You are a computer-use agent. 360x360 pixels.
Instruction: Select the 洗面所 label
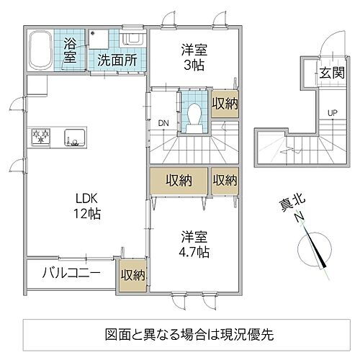point(117,60)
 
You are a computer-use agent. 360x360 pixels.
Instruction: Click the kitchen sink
point(73,135)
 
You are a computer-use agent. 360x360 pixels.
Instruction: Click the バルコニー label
point(71,273)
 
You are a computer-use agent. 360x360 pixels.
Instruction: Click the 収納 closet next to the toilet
point(225,103)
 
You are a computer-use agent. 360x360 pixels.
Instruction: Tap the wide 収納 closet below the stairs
point(178,179)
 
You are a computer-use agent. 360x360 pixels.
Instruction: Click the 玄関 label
point(332,73)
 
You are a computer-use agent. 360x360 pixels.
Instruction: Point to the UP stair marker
point(332,112)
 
